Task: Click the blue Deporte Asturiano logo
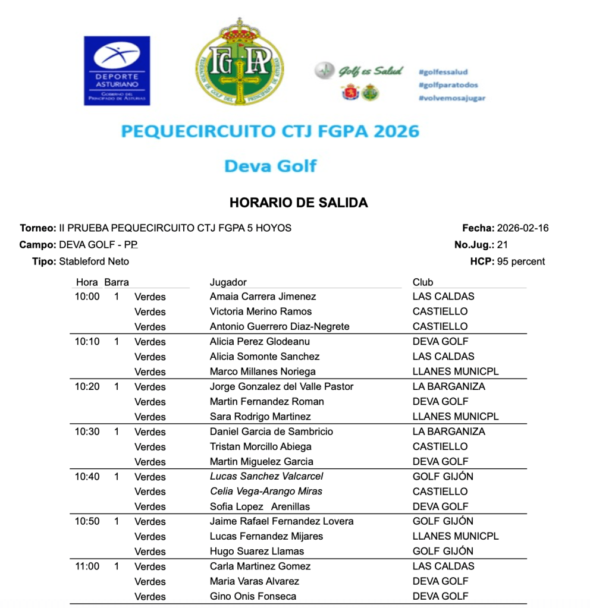[x=117, y=71]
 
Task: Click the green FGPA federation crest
[x=240, y=62]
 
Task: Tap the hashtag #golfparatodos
[x=448, y=85]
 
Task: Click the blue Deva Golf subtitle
[x=270, y=166]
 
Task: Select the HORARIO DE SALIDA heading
[x=299, y=203]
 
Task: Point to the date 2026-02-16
[x=523, y=228]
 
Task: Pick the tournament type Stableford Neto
[x=94, y=262]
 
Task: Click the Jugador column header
[x=228, y=282]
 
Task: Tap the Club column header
[x=423, y=282]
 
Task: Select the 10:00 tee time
[x=87, y=297]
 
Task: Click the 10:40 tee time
[x=87, y=477]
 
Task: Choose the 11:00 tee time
[x=87, y=566]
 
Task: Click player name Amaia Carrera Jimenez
[x=263, y=297]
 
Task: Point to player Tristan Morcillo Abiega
[x=261, y=446]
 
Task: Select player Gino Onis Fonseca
[x=253, y=596]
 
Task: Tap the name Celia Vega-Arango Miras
[x=266, y=492]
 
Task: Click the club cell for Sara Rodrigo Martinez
[x=456, y=417]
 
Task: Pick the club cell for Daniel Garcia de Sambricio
[x=448, y=431]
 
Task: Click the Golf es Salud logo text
[x=371, y=71]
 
